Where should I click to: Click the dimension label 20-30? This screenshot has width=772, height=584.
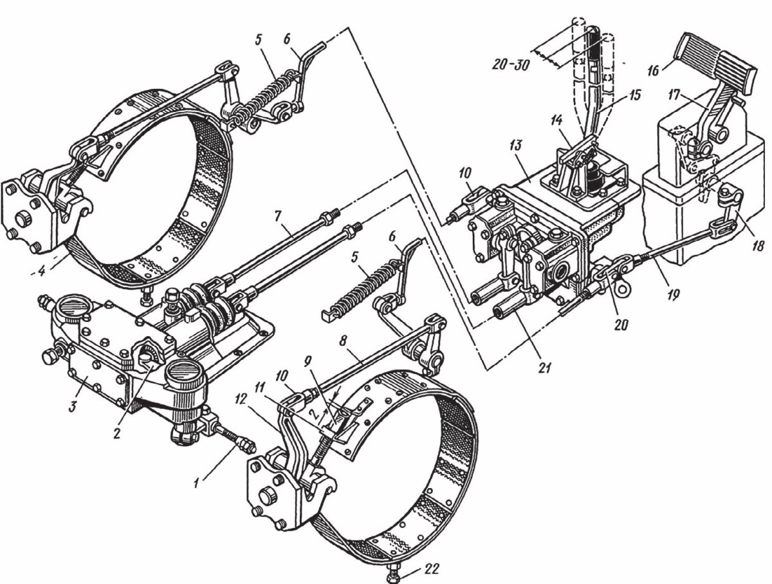point(511,64)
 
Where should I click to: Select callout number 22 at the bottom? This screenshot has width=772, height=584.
point(432,569)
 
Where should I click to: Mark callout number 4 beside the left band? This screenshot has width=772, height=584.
point(41,272)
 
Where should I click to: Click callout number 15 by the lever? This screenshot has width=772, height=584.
point(635,95)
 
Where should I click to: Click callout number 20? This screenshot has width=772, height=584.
point(621,325)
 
